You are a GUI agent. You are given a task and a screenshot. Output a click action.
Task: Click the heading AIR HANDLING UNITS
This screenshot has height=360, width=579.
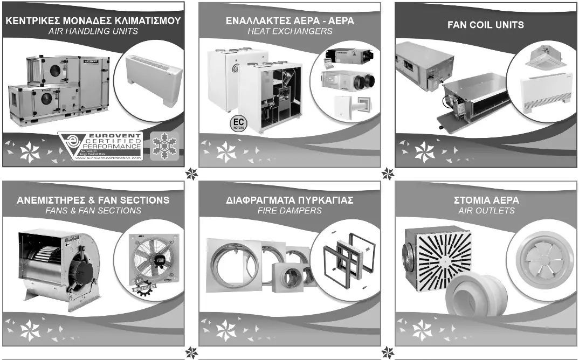93,31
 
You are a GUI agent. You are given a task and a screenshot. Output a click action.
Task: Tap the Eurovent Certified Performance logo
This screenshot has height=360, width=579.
101,146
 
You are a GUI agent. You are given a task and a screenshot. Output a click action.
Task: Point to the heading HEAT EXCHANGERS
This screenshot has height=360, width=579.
289,31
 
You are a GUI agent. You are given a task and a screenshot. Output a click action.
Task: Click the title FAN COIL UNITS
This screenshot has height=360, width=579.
485,24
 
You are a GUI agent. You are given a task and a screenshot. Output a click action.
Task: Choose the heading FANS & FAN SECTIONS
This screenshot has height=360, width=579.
93,210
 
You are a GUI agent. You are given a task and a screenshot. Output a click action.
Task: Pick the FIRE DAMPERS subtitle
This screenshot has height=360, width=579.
289,210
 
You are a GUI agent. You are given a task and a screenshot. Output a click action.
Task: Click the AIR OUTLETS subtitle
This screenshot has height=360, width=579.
486,210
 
